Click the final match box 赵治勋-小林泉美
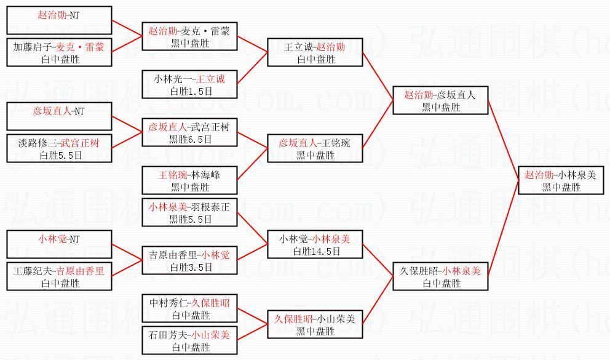click(x=561, y=180)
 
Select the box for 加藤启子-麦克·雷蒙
click(x=59, y=52)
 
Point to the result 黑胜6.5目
click(x=191, y=139)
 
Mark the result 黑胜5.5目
click(x=191, y=218)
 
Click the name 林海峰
click(x=205, y=175)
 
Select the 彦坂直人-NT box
click(x=59, y=116)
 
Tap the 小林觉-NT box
click(x=59, y=244)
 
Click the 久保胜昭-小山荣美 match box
click(x=315, y=324)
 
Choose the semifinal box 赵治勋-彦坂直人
click(x=440, y=100)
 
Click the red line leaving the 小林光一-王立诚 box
click(x=253, y=68)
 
